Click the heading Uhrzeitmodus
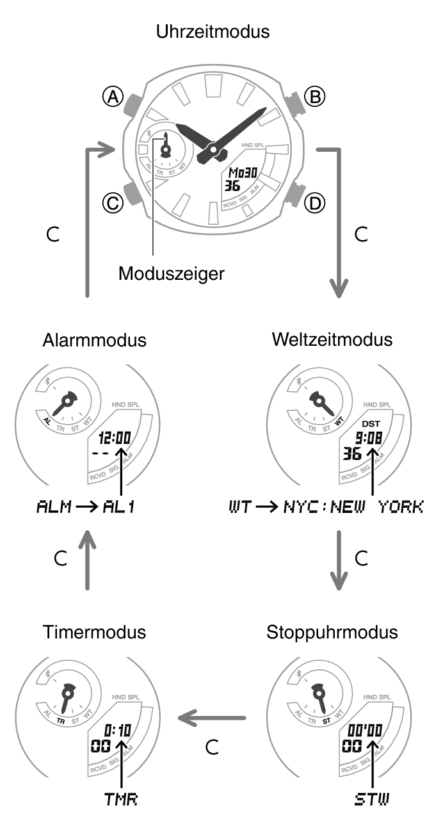pyautogui.click(x=213, y=31)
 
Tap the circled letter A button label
pyautogui.click(x=113, y=97)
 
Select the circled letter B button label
pyautogui.click(x=314, y=97)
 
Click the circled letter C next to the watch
pyautogui.click(x=113, y=204)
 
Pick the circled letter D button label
pyautogui.click(x=314, y=204)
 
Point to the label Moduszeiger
pyautogui.click(x=172, y=273)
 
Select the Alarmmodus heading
pyautogui.click(x=95, y=340)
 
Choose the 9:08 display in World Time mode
pyautogui.click(x=369, y=439)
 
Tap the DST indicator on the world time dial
pyautogui.click(x=371, y=424)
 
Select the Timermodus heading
pyautogui.click(x=95, y=632)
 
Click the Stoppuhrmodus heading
pyautogui.click(x=332, y=632)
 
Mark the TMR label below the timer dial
pyautogui.click(x=121, y=799)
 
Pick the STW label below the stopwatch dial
pyautogui.click(x=373, y=799)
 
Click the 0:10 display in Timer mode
pyautogui.click(x=117, y=731)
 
